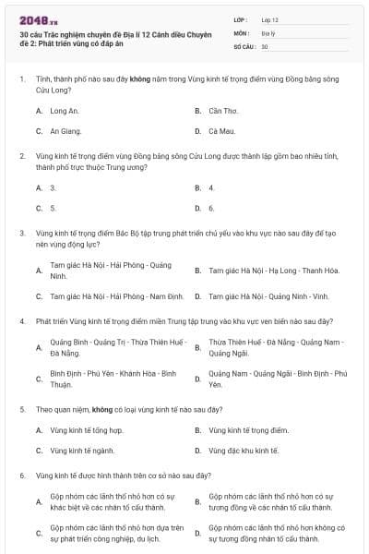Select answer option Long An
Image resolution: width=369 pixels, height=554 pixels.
coord(64,111)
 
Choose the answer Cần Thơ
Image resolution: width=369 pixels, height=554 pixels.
coord(223,111)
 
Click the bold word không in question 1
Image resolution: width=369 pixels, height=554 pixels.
coord(139,81)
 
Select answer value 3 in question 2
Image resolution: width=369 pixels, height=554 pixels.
coord(53,187)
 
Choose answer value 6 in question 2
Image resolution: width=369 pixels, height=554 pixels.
coord(211,209)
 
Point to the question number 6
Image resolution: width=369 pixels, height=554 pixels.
coord(22,476)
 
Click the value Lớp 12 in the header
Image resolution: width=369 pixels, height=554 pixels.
coord(269,19)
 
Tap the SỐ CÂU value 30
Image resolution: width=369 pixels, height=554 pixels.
coord(265,46)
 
